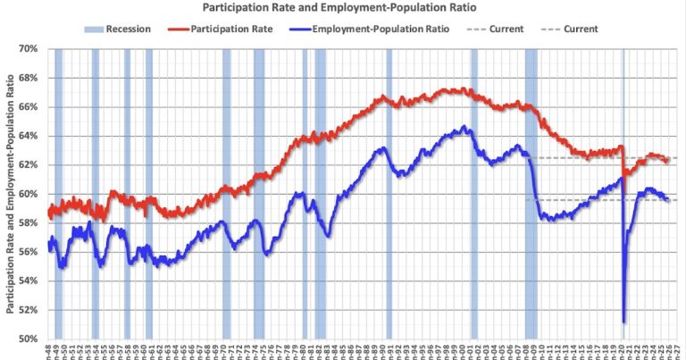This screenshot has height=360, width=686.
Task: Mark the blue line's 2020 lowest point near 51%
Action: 623,321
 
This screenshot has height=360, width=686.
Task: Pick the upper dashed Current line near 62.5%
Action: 607,158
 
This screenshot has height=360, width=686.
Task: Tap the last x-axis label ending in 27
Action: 678,350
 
